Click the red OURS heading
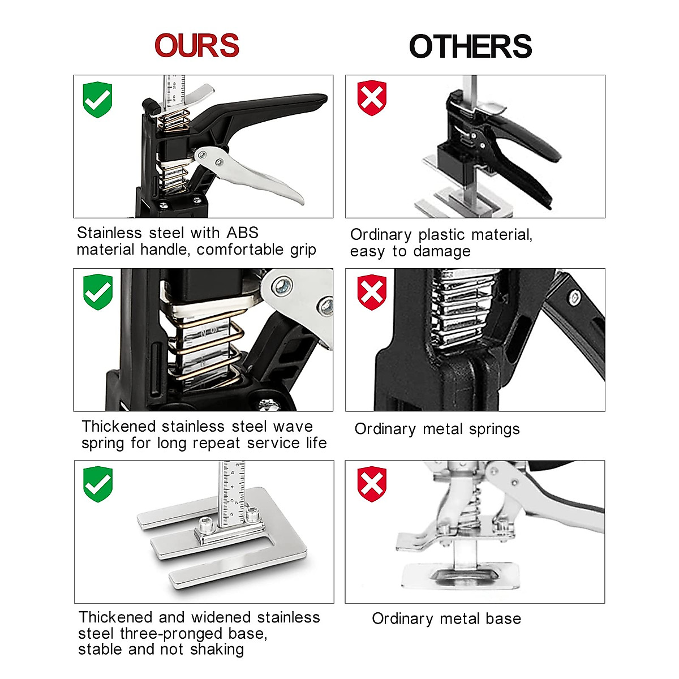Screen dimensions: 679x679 [x=197, y=46]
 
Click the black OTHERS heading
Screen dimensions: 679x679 [x=470, y=46]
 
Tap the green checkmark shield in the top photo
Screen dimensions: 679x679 [x=98, y=100]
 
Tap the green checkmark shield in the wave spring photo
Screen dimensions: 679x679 [x=98, y=292]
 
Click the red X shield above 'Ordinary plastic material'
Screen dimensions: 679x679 [x=372, y=98]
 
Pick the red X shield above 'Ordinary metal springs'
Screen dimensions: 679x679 [x=372, y=292]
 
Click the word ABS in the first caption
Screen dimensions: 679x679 [x=242, y=233]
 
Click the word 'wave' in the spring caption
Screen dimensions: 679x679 [x=293, y=427]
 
